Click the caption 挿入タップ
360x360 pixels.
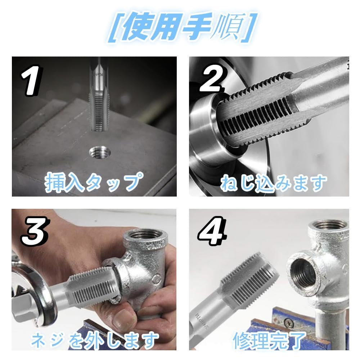(x=94, y=182)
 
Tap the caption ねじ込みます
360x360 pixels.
(x=274, y=183)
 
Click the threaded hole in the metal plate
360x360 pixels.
(x=100, y=152)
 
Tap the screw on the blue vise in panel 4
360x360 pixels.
(x=289, y=322)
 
